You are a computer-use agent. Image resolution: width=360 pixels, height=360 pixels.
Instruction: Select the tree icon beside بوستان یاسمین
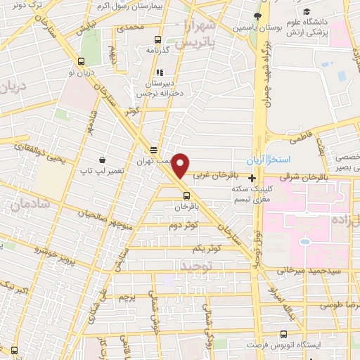point(258,16)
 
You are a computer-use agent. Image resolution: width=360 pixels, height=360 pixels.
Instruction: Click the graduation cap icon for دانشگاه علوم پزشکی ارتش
point(307,12)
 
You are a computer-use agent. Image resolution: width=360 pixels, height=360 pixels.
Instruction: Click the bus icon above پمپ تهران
point(153,150)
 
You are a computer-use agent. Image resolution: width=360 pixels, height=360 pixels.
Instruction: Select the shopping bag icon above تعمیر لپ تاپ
point(103,160)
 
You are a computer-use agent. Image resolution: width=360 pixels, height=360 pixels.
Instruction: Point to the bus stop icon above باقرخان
point(186,196)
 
